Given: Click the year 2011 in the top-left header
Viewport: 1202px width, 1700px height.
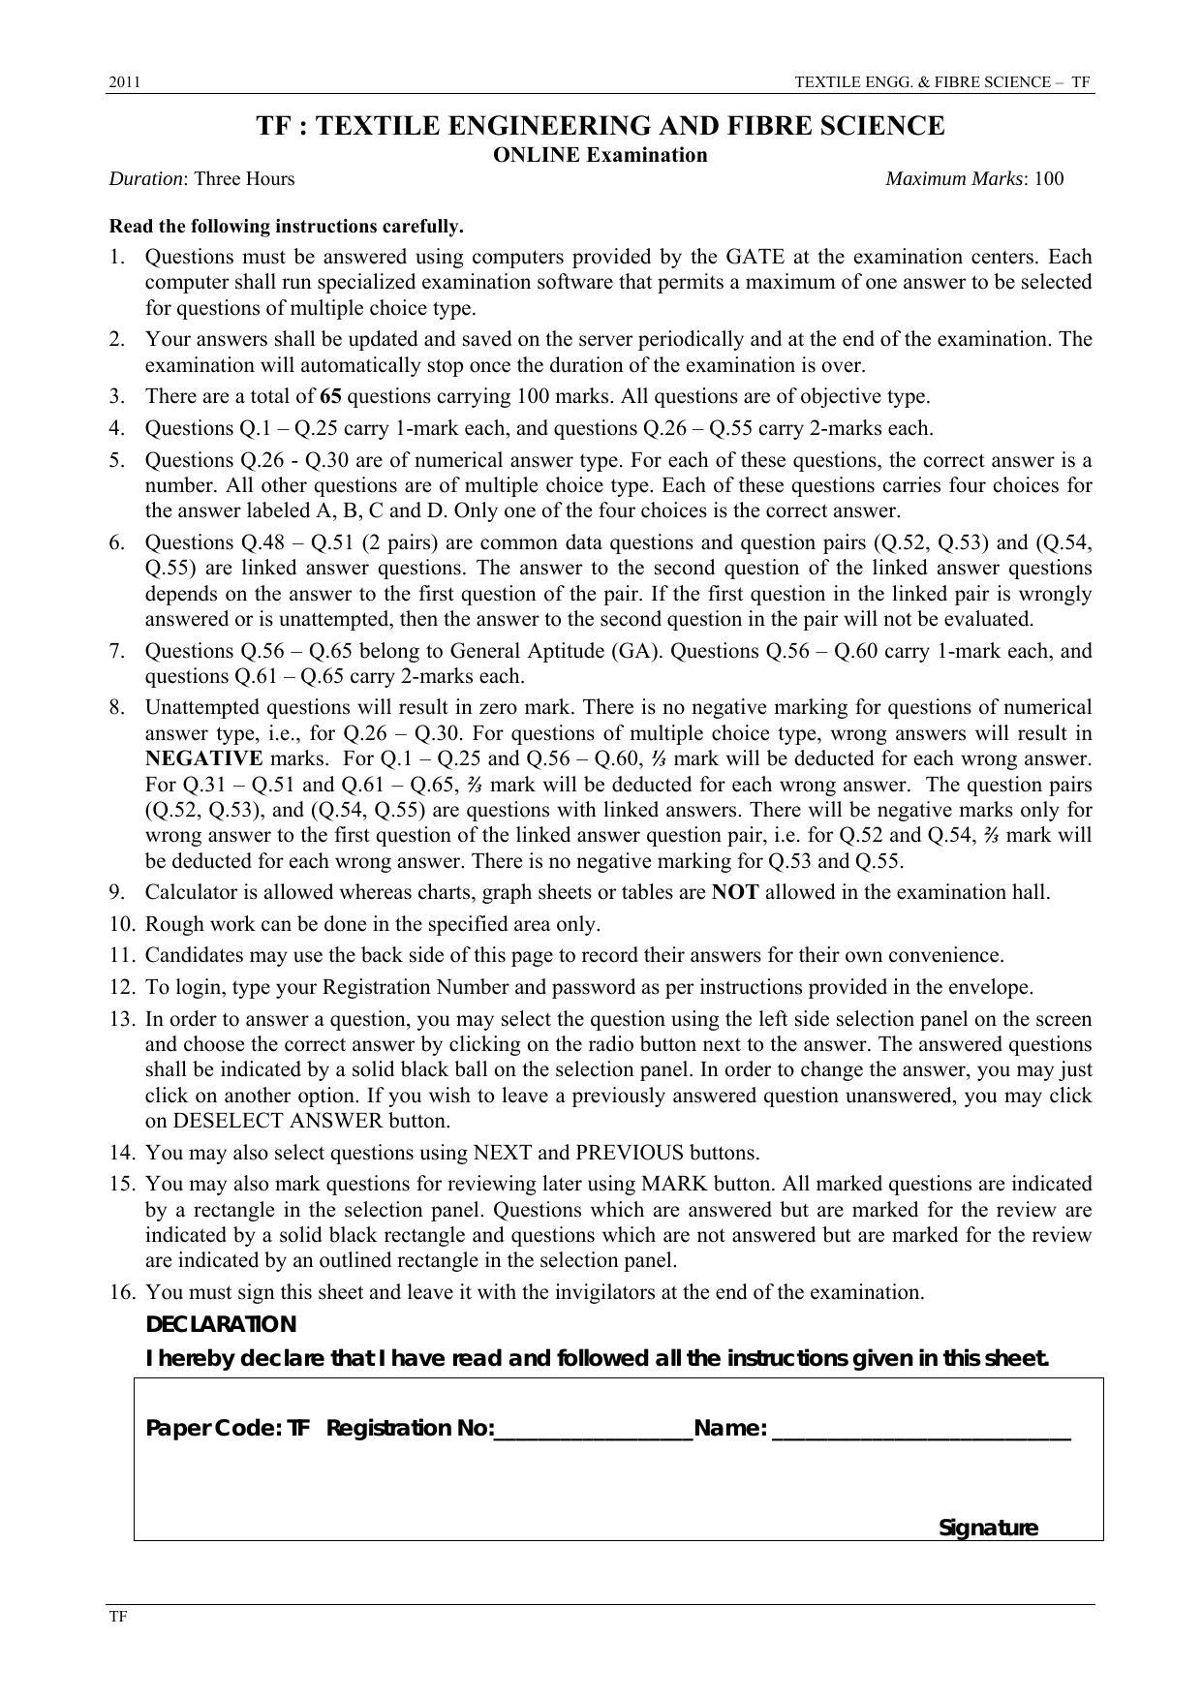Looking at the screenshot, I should pyautogui.click(x=124, y=83).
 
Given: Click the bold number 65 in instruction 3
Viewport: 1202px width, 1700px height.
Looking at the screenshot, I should pyautogui.click(x=329, y=396).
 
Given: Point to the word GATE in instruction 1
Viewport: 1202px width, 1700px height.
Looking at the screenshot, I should pyautogui.click(x=750, y=257).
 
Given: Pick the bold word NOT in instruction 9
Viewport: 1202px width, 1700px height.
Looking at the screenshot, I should pyautogui.click(x=734, y=892).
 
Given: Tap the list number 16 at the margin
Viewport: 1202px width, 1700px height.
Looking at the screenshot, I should pyautogui.click(x=120, y=1292).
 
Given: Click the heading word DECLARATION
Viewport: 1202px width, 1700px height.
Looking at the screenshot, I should pyautogui.click(x=221, y=1324).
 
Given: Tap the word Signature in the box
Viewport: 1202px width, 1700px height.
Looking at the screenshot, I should pyautogui.click(x=988, y=1529).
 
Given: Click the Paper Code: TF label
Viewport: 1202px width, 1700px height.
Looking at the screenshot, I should pyautogui.click(x=228, y=1429).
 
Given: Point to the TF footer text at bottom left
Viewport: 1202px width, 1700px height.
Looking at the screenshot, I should pyautogui.click(x=116, y=1617).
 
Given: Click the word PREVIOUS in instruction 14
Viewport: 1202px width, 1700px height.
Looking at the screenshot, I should pyautogui.click(x=630, y=1153).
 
